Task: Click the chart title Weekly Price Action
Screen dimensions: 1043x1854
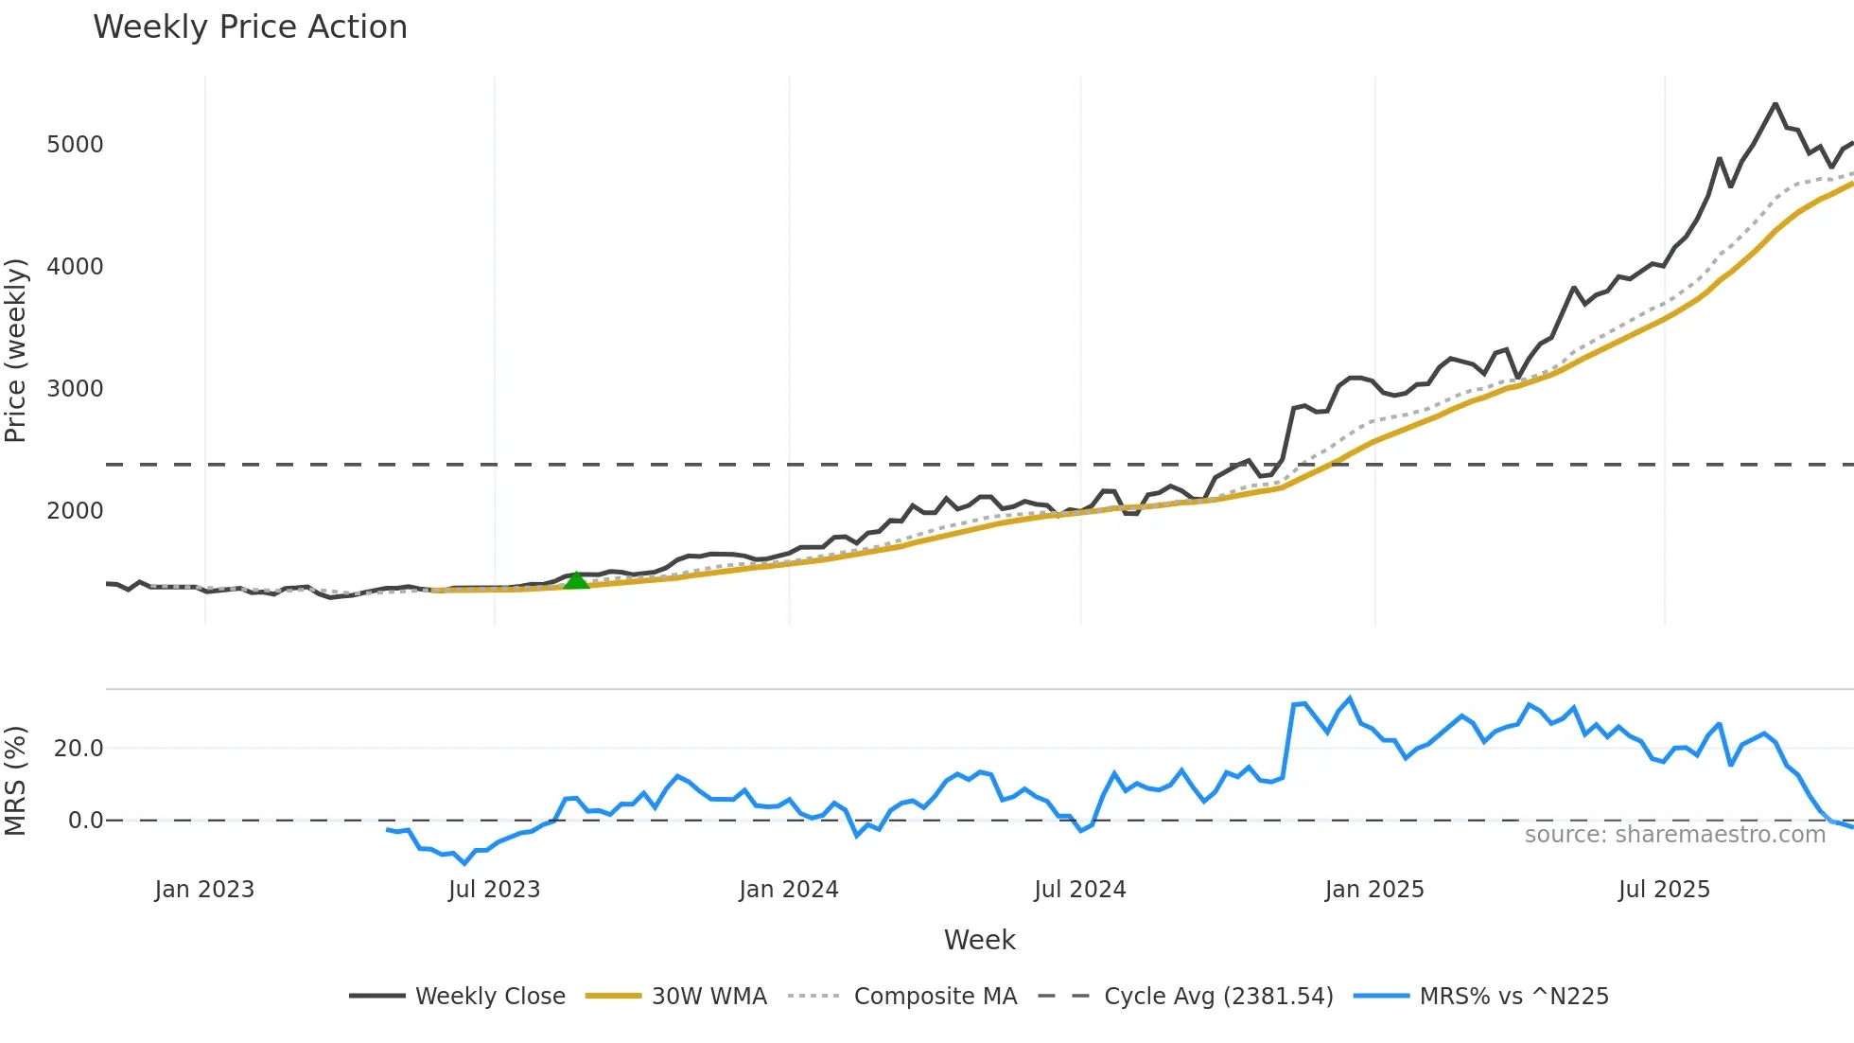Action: [x=250, y=27]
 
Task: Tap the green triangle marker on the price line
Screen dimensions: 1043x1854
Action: [x=576, y=580]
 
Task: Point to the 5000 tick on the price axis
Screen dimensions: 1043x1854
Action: [x=75, y=145]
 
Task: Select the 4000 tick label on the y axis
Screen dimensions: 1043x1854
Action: [x=75, y=267]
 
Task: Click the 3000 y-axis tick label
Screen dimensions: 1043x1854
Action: [x=75, y=389]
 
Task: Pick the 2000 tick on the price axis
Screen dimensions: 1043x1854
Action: [x=75, y=511]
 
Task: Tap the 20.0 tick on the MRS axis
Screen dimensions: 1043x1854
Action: [x=79, y=749]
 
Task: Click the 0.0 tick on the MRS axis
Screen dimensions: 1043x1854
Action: [x=85, y=821]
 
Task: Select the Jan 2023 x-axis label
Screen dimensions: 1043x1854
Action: [x=204, y=890]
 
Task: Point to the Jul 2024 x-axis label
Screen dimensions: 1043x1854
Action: [x=1079, y=890]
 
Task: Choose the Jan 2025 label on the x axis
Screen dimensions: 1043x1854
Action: [x=1373, y=890]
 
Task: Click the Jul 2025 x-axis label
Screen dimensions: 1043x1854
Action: [x=1664, y=890]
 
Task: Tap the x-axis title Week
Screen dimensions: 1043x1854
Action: [x=979, y=940]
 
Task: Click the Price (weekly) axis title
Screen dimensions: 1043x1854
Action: [x=16, y=350]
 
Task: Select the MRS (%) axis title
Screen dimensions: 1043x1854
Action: [x=16, y=781]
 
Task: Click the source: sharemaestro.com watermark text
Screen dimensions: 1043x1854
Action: [x=1674, y=835]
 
